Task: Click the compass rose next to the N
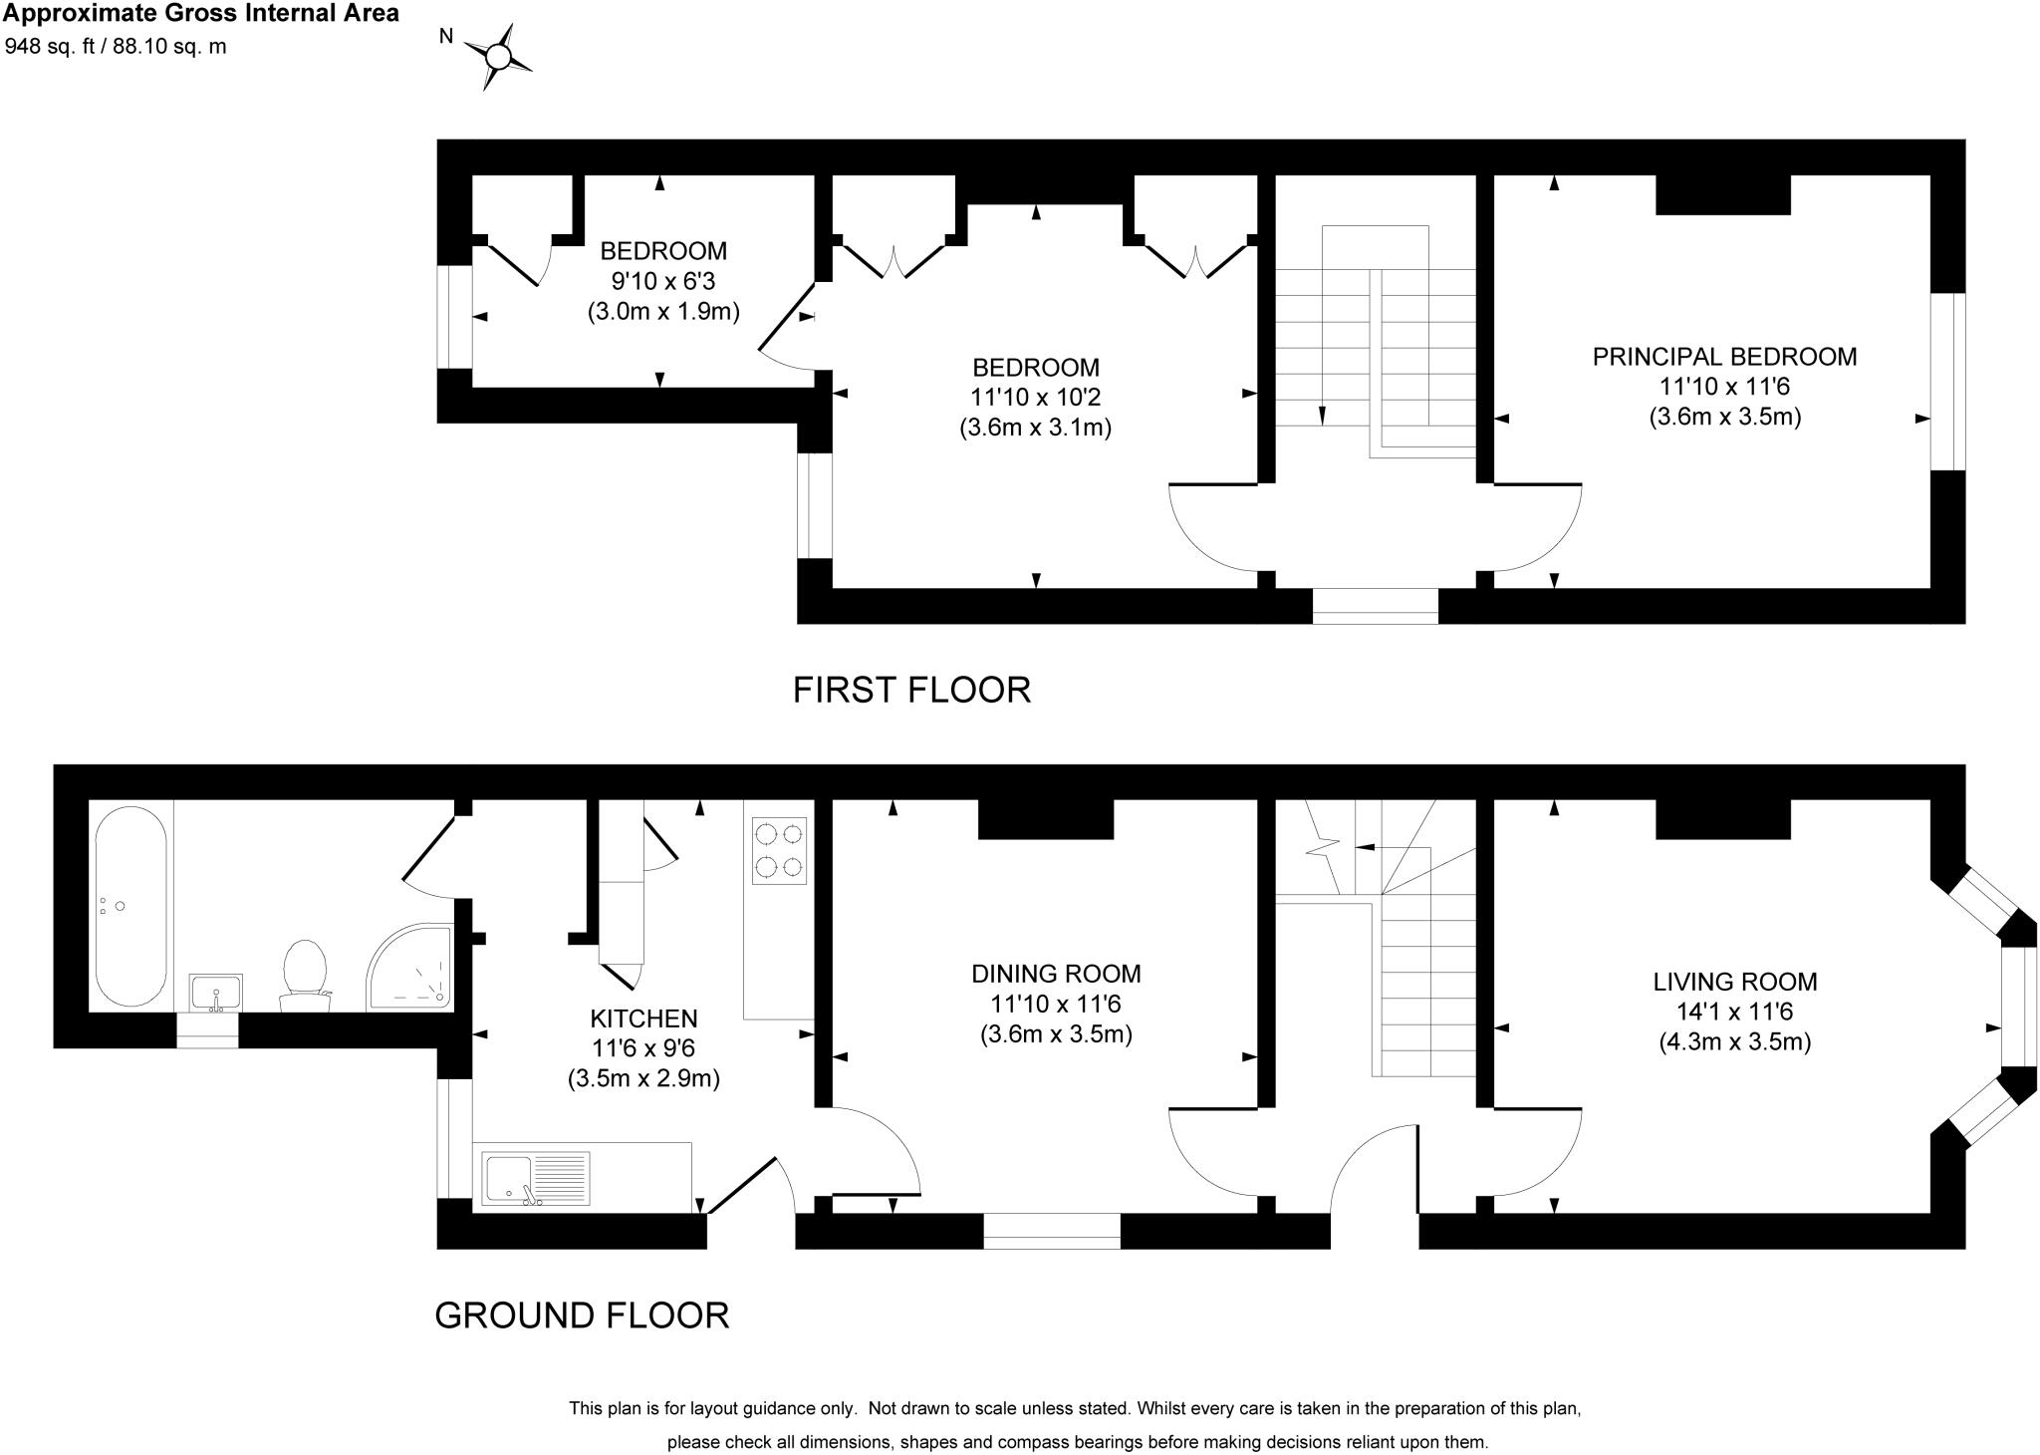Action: [x=498, y=56]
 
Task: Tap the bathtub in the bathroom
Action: [x=130, y=905]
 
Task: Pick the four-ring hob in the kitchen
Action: [x=779, y=850]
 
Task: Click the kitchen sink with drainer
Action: [x=537, y=1179]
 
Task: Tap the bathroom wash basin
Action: [x=215, y=994]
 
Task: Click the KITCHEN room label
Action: [x=643, y=1018]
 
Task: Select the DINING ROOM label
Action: [x=1056, y=974]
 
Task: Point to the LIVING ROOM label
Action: [x=1735, y=982]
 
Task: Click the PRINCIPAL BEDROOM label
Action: [x=1724, y=357]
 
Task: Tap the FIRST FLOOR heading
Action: [x=911, y=690]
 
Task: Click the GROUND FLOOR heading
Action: [x=582, y=1315]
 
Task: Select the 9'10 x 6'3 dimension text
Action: [x=663, y=281]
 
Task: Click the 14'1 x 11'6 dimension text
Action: [x=1735, y=1013]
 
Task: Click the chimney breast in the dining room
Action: [x=1046, y=819]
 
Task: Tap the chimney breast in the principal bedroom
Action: [x=1723, y=194]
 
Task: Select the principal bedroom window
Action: [x=1948, y=382]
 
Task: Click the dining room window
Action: [x=1052, y=1231]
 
